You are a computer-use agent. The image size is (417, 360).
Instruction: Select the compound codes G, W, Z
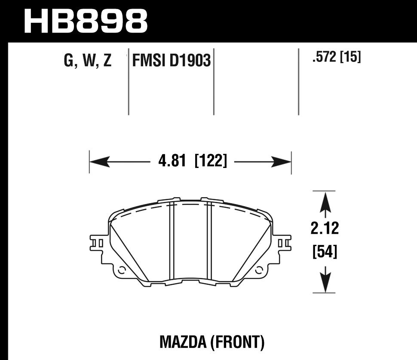(87, 61)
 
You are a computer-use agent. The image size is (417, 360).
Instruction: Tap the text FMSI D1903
(171, 61)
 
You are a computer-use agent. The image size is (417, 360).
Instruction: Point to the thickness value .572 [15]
(336, 57)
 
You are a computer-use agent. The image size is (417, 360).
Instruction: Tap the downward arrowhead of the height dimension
(325, 284)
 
